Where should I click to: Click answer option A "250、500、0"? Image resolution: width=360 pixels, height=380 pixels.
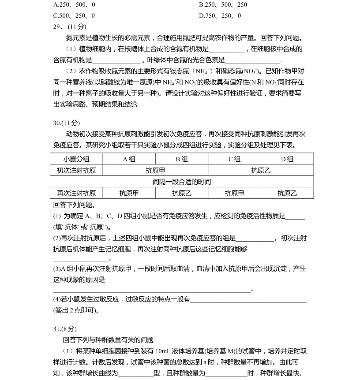74,5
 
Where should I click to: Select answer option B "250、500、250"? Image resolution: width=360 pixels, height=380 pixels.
223,5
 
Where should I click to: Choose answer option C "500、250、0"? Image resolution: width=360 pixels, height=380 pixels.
74,16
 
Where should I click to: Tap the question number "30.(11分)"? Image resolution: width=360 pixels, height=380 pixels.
66,123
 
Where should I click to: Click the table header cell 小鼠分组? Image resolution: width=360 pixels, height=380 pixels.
76,159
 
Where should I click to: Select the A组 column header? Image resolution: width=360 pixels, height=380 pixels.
129,159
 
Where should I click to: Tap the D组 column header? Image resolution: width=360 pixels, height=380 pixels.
287,159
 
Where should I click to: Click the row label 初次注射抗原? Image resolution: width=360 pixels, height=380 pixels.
76,171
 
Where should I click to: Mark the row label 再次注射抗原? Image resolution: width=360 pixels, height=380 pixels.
76,193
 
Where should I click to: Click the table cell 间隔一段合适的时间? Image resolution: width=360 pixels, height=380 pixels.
182,182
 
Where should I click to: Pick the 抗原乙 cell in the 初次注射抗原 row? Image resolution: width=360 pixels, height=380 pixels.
261,171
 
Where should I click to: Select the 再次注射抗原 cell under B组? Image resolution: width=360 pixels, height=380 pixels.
182,193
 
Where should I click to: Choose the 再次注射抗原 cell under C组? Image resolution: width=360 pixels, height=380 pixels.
234,193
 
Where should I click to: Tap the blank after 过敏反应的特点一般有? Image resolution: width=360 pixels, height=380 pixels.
248,300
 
